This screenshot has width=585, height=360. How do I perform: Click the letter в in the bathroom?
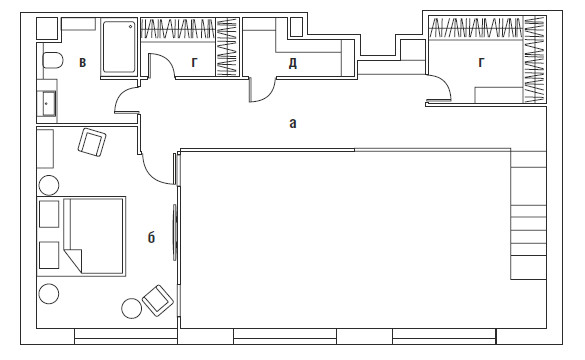tap(82, 62)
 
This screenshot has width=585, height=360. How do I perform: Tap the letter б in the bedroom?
tap(151, 237)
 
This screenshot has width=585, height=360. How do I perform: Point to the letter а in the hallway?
tap(293, 123)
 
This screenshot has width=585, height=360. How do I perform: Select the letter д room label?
tap(292, 63)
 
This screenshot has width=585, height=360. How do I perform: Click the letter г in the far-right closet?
tap(481, 62)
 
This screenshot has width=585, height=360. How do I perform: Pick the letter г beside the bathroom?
tap(194, 62)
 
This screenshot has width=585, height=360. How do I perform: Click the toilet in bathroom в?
tap(52, 60)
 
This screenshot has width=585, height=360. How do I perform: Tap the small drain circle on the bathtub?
tap(131, 26)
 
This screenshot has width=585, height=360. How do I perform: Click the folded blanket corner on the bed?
tap(73, 259)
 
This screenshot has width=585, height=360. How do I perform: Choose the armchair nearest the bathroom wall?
tap(92, 142)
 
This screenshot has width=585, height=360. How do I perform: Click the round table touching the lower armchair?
tap(132, 308)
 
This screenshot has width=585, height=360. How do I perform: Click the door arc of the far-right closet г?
tap(442, 84)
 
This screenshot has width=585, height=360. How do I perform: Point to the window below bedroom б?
tap(126, 336)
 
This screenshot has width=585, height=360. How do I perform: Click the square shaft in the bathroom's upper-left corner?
tap(47, 28)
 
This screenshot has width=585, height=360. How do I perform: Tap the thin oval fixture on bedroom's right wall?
tap(175, 232)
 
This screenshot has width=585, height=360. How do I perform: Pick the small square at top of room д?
tap(296, 27)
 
